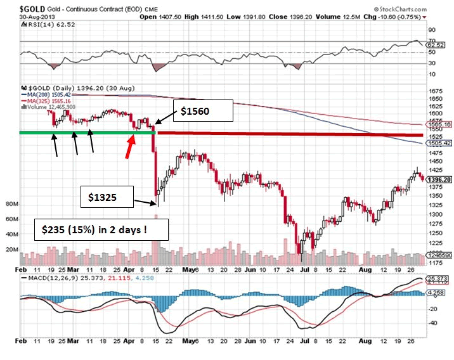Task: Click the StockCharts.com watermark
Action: pyautogui.click(x=408, y=9)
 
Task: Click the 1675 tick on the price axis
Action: pyautogui.click(x=436, y=91)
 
